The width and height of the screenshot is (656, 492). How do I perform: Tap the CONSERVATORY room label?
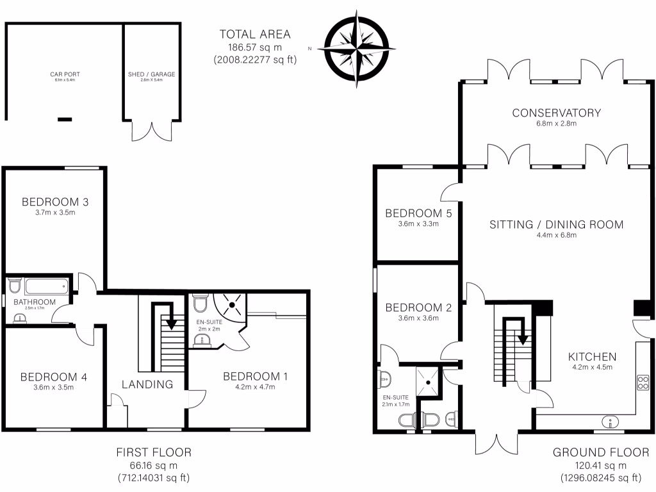pyautogui.click(x=556, y=113)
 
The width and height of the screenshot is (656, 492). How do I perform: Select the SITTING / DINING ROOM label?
pyautogui.click(x=556, y=225)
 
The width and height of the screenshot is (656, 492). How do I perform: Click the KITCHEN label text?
pyautogui.click(x=592, y=357)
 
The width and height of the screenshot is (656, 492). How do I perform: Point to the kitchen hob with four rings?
pyautogui.click(x=643, y=382)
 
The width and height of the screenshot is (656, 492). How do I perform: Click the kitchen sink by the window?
pyautogui.click(x=611, y=421)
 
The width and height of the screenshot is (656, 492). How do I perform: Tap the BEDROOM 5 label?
pyautogui.click(x=418, y=213)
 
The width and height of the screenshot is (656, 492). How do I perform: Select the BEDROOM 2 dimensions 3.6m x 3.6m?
pyautogui.click(x=418, y=318)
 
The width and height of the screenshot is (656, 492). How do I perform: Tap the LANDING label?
pyautogui.click(x=148, y=384)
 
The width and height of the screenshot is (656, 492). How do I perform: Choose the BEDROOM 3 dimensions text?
pyautogui.click(x=54, y=213)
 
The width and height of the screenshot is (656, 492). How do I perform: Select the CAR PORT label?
pyautogui.click(x=65, y=74)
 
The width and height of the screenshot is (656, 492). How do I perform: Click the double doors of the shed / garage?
pyautogui.click(x=152, y=131)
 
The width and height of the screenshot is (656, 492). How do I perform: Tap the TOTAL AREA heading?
pyautogui.click(x=255, y=35)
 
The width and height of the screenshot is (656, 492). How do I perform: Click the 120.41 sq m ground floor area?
pyautogui.click(x=600, y=466)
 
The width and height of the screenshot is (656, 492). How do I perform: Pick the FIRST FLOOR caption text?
pyautogui.click(x=154, y=453)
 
